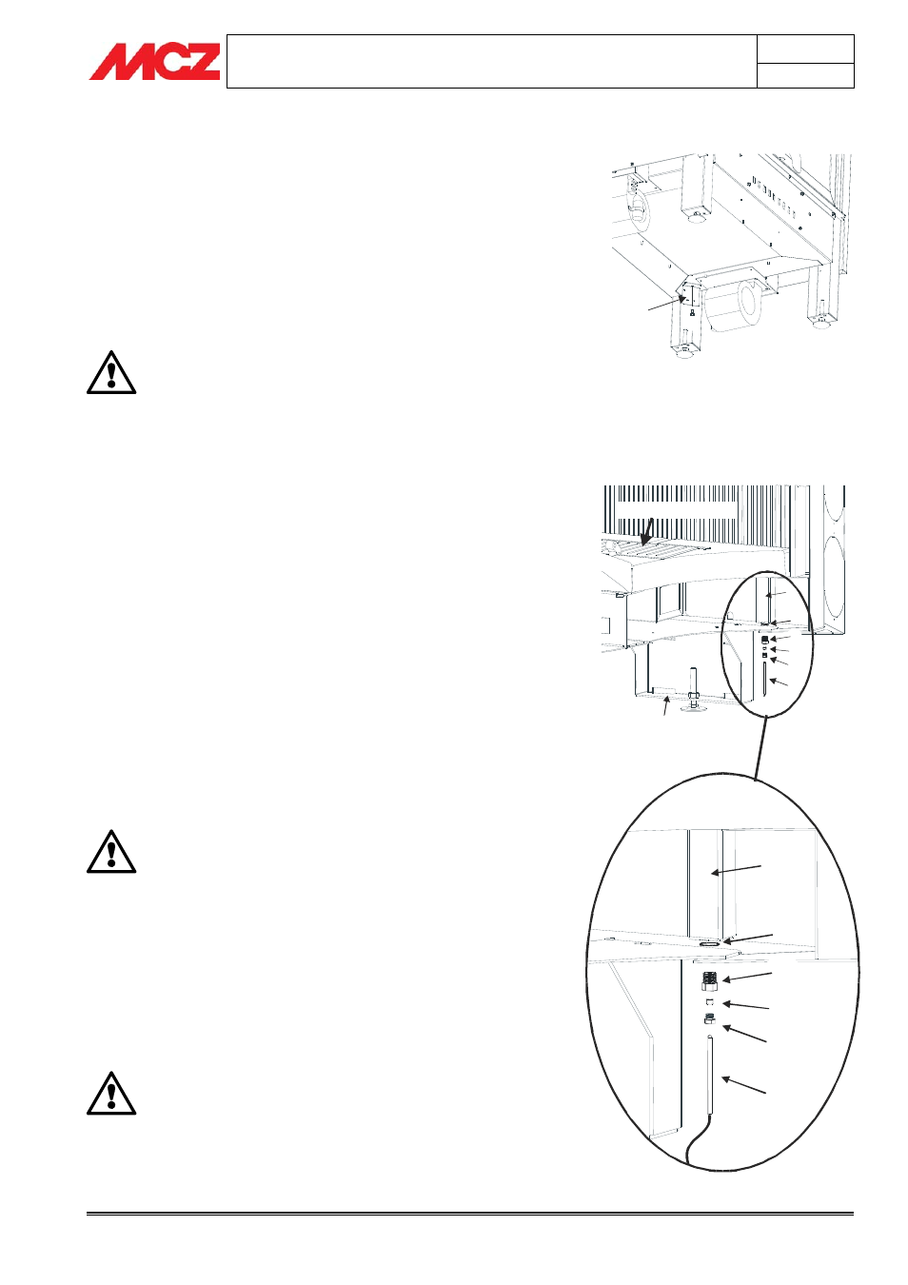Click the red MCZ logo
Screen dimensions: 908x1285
(x=154, y=61)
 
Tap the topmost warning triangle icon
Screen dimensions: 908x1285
(x=111, y=372)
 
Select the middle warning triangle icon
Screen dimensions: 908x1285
(x=111, y=851)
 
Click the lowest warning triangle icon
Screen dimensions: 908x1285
(x=111, y=1093)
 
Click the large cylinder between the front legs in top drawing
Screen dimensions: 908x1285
(x=736, y=306)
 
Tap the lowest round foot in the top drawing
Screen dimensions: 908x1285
(x=685, y=352)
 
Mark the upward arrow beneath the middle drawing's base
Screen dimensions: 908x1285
(x=666, y=705)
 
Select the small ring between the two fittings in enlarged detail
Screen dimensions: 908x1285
(x=709, y=1003)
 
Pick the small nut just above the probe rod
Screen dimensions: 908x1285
(x=709, y=1019)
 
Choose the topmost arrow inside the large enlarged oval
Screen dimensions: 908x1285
(x=737, y=869)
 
